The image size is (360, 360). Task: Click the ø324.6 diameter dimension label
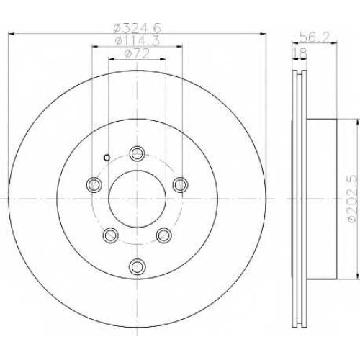click(x=137, y=29)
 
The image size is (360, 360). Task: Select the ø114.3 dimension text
click(x=137, y=41)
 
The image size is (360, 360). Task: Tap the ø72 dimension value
click(x=137, y=53)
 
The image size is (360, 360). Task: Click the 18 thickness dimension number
click(x=300, y=53)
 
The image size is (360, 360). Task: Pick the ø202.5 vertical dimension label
click(x=353, y=199)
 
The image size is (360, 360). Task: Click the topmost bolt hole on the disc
click(x=137, y=153)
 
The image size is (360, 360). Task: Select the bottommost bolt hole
click(x=137, y=266)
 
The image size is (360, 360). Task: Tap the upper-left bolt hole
click(x=94, y=184)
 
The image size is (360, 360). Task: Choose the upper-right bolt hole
click(x=180, y=184)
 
